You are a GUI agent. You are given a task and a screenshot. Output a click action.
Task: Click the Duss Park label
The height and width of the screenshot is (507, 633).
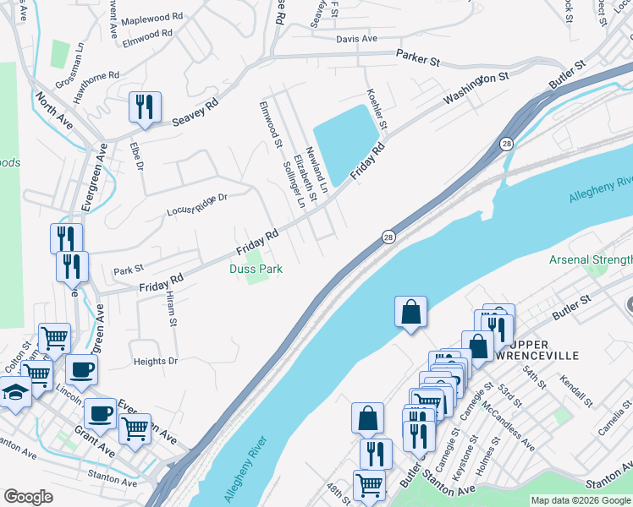[x=255, y=269]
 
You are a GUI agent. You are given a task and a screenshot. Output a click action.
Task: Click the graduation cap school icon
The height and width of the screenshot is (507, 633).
[x=15, y=392]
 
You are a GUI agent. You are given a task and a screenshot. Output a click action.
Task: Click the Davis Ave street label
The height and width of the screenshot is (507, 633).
[x=356, y=39]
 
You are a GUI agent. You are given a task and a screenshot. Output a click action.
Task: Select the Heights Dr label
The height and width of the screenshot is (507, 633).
[x=156, y=361]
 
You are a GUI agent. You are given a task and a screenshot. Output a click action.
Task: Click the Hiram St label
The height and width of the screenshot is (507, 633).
[x=171, y=311]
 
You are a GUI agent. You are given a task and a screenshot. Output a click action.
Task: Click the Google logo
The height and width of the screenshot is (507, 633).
[x=28, y=497]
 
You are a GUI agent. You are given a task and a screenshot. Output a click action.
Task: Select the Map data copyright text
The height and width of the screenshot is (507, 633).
[x=581, y=500]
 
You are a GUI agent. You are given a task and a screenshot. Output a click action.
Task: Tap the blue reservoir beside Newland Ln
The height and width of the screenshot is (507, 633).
[x=346, y=138]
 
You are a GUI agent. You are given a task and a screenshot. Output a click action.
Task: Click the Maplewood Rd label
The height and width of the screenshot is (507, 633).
[x=151, y=19]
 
